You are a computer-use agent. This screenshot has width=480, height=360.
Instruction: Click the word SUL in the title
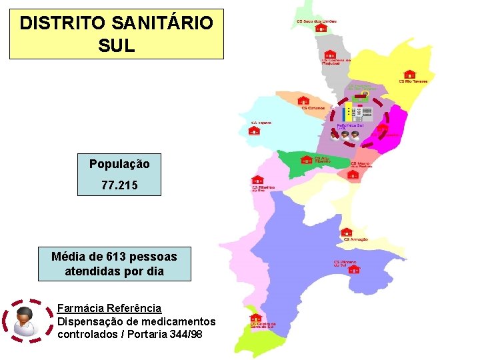(x=116, y=45)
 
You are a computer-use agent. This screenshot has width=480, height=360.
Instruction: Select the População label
(x=119, y=163)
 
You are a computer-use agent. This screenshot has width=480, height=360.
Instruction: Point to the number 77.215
(x=119, y=185)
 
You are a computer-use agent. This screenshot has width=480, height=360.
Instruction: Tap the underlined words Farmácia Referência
(x=109, y=308)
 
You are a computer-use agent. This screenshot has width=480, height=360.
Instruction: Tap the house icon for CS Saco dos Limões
(x=321, y=29)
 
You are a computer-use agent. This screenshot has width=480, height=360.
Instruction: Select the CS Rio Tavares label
(x=413, y=81)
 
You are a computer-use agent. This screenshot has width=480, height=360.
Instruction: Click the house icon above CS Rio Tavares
(x=410, y=74)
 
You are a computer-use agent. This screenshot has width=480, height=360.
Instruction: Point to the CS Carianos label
(x=313, y=107)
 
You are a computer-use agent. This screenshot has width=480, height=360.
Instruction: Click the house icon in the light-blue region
(x=254, y=131)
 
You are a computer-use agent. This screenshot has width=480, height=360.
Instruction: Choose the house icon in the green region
(x=307, y=159)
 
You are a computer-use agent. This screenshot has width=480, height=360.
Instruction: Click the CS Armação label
(x=355, y=239)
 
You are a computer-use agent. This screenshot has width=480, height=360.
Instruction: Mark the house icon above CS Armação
(x=346, y=232)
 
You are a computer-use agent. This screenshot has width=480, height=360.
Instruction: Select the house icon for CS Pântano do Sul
(x=354, y=269)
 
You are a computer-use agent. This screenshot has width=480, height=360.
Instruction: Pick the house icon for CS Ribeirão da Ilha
(x=257, y=180)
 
